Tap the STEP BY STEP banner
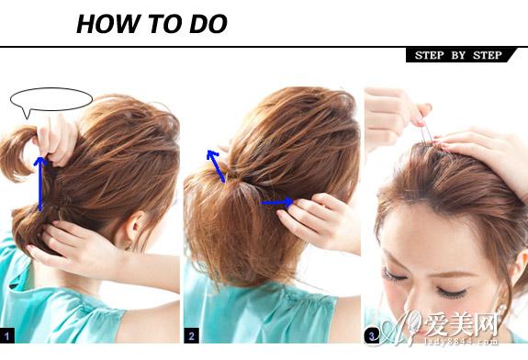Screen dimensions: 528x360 (x=459, y=55)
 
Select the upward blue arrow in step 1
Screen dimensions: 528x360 (x=40, y=184)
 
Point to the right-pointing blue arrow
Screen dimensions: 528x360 (x=277, y=202)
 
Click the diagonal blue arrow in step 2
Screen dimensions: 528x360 (x=216, y=166)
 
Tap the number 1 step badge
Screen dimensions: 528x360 (x=7, y=335)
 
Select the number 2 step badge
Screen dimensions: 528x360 (x=192, y=336)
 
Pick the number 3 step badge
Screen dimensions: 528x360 (x=371, y=336)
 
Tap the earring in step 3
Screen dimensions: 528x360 (x=502, y=309)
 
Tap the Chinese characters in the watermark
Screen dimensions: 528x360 (x=461, y=324)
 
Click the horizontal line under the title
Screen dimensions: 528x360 (x=264, y=47)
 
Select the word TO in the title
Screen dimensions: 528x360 (x=164, y=24)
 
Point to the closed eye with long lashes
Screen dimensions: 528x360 (x=452, y=292)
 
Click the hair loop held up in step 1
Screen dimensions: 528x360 (x=16, y=153)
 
